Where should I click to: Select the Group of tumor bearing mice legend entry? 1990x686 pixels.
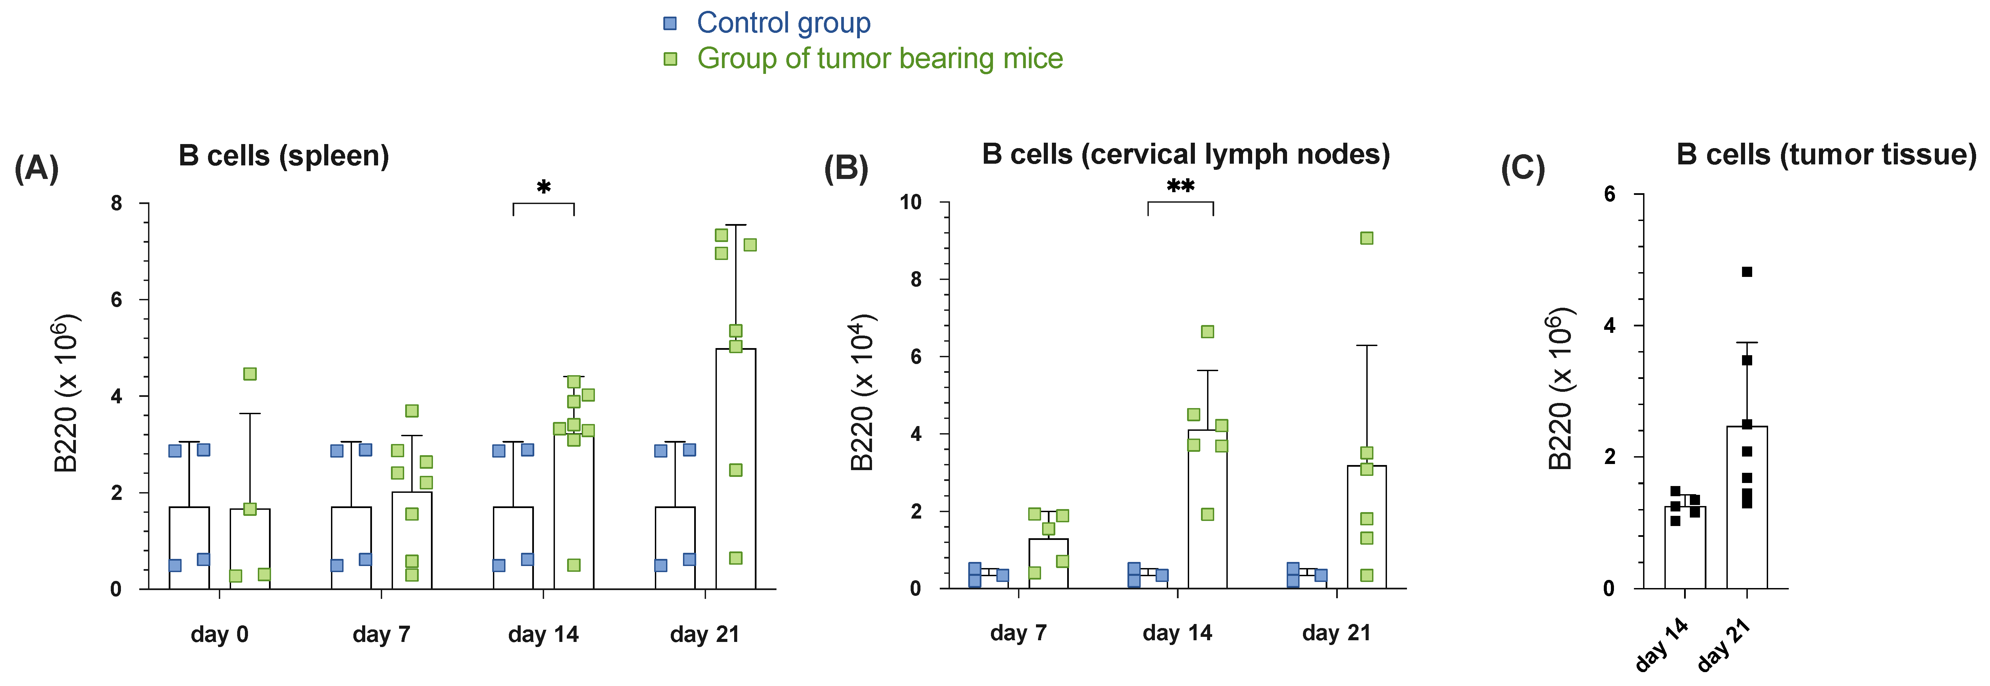[879, 59]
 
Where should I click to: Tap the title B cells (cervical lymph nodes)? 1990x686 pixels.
[1185, 155]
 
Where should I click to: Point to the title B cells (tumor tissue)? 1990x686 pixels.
[1825, 155]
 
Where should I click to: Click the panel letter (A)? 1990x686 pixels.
[36, 168]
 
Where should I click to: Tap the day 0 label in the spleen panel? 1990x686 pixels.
[220, 635]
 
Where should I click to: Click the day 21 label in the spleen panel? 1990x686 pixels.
[705, 635]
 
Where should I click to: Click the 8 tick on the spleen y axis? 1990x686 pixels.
[117, 203]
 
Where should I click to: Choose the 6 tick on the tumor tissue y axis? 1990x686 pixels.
[1609, 194]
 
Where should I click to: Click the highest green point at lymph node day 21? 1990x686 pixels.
[1367, 238]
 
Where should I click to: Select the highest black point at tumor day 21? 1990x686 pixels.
[1747, 272]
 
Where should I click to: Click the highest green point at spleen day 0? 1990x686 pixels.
[250, 374]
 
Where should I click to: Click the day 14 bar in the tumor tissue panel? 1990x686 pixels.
[1685, 548]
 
